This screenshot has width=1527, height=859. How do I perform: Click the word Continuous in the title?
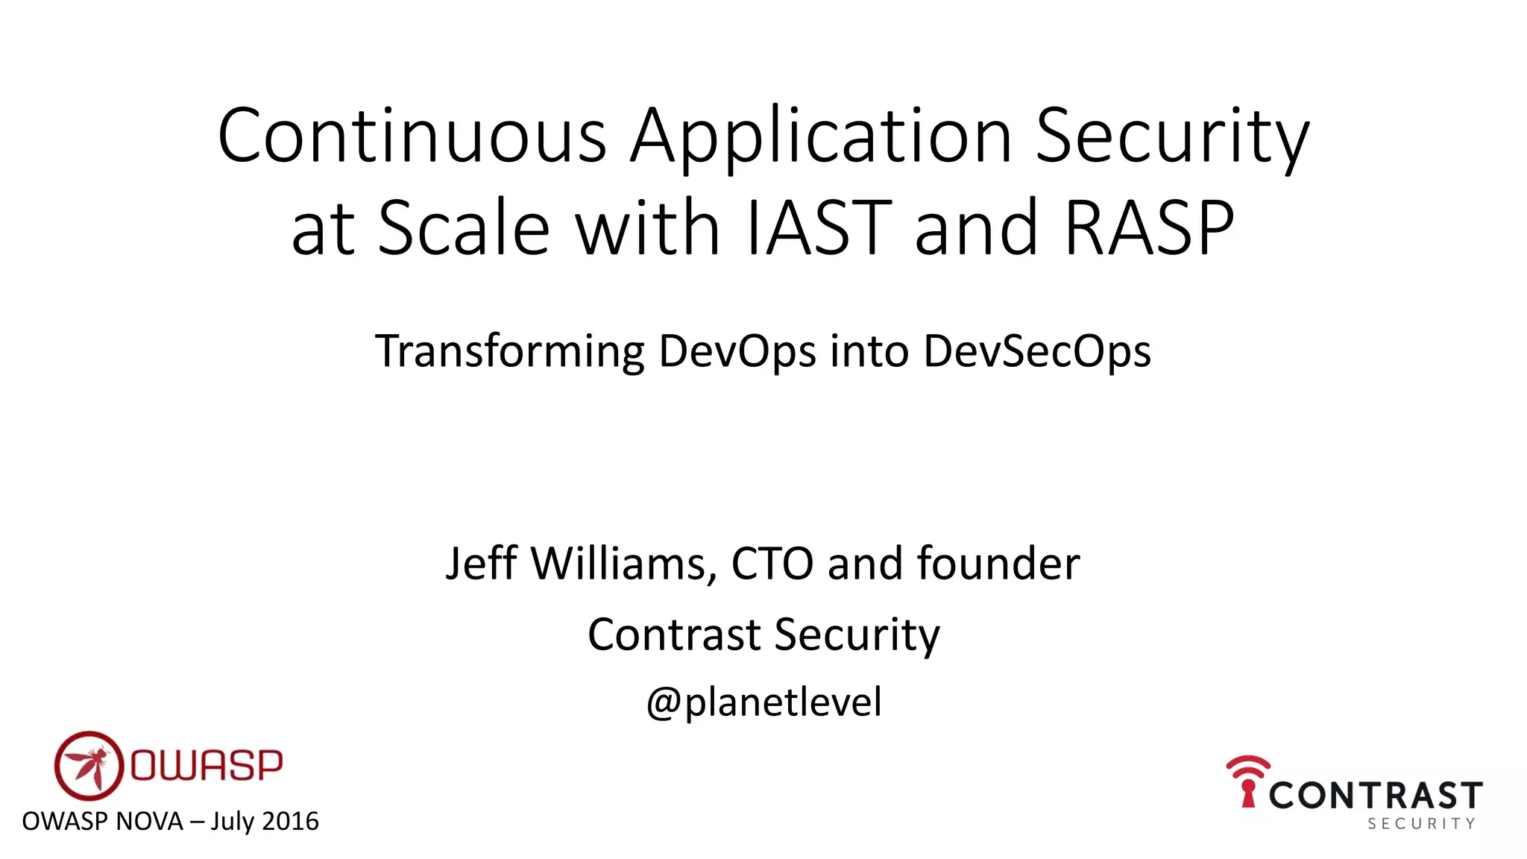pos(412,136)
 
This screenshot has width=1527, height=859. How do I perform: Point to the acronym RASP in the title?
pos(1149,227)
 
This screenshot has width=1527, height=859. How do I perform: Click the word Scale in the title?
pos(464,227)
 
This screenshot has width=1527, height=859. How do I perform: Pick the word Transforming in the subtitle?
pos(509,352)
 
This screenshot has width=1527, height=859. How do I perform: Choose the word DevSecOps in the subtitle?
pos(1037,352)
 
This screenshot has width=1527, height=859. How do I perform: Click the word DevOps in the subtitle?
pos(737,352)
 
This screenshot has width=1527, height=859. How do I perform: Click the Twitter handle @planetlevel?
pos(763,702)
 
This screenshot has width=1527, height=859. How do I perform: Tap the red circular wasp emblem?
pos(88,765)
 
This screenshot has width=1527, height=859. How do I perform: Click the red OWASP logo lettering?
pos(207,765)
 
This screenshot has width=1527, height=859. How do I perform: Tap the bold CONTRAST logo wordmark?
pos(1375,796)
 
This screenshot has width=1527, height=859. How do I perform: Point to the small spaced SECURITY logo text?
pos(1421,824)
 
